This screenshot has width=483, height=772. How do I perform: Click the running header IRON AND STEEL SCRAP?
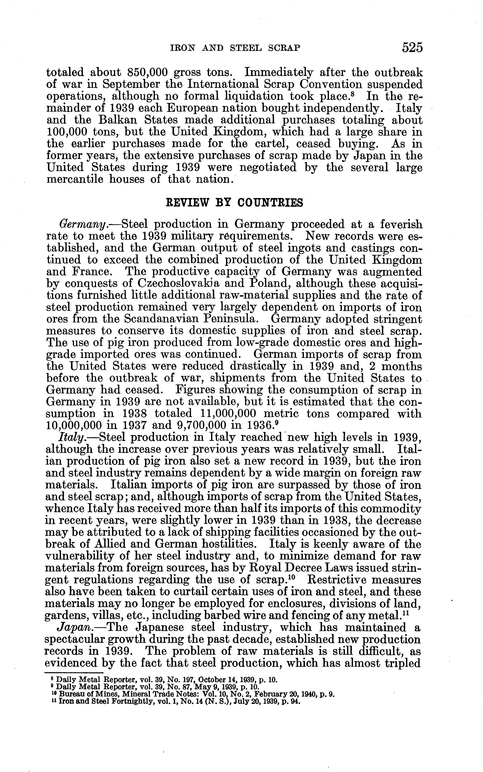234,48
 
